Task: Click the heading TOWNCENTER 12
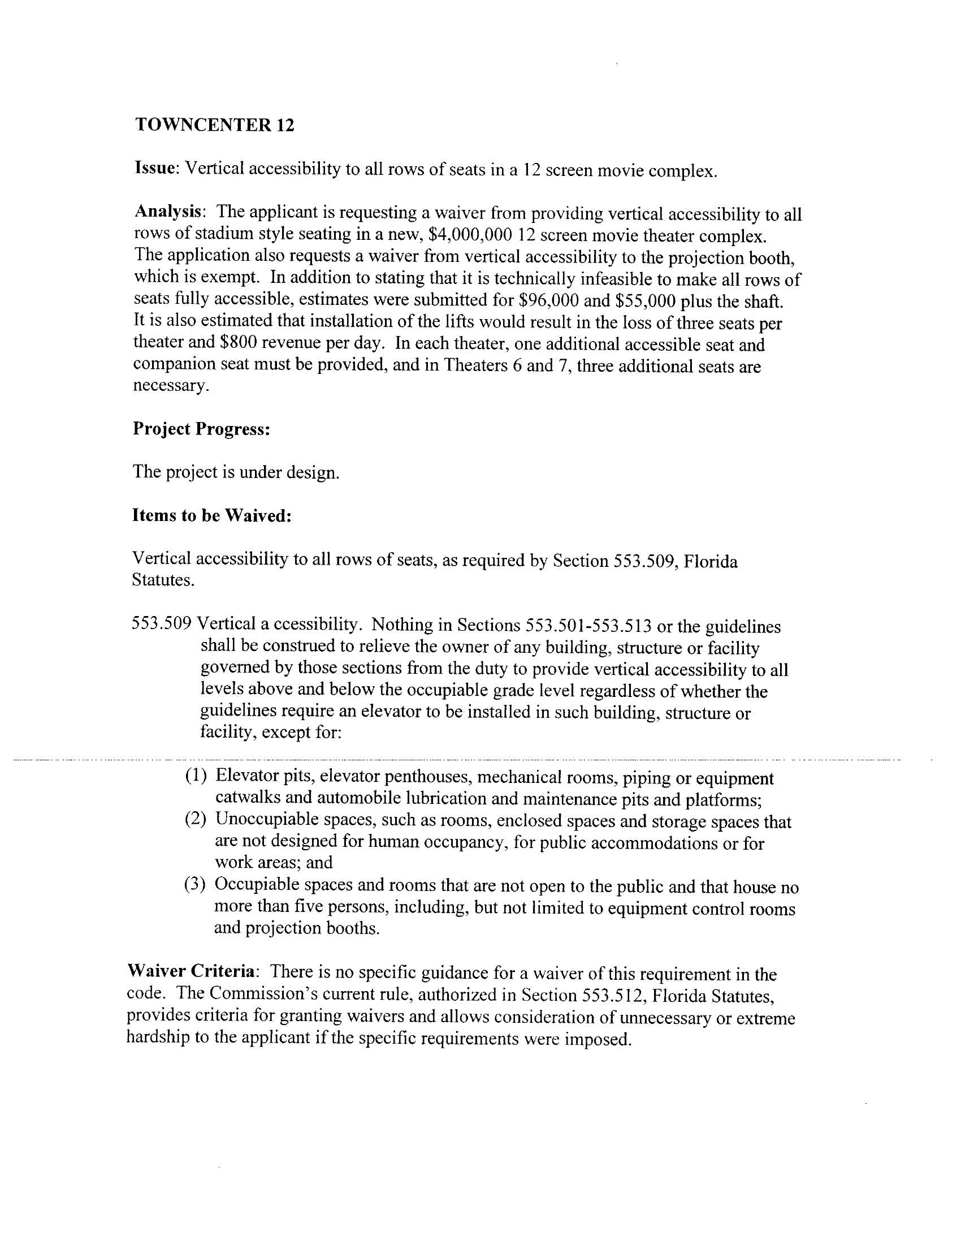[x=215, y=125]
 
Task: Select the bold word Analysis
[x=169, y=212]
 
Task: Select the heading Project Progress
[x=201, y=428]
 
